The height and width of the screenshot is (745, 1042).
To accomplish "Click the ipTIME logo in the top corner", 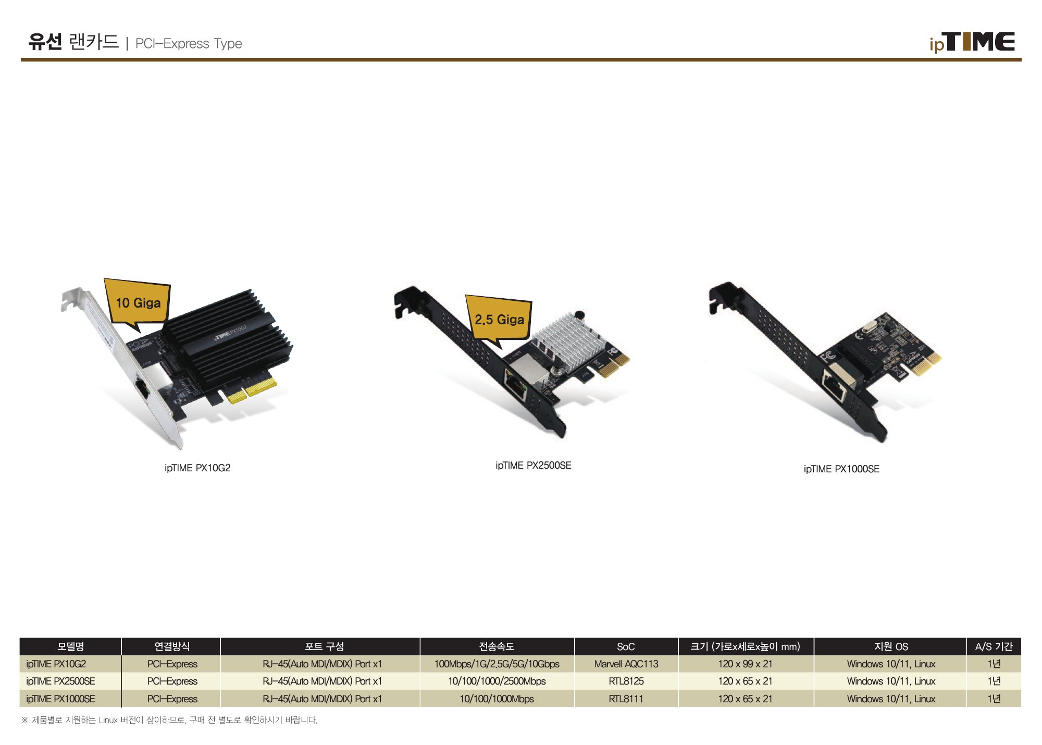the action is click(972, 42).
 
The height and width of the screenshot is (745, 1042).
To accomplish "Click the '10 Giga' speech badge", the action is click(138, 303).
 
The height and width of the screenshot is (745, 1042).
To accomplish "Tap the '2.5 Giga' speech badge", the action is click(499, 319).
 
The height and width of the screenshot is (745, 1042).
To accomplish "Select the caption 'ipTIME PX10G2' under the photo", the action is click(197, 468).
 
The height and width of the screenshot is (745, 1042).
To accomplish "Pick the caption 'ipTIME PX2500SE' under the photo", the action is click(534, 466).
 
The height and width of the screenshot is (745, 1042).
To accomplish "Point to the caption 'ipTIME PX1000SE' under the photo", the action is click(841, 469).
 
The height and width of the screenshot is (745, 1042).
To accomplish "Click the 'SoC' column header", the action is click(626, 647).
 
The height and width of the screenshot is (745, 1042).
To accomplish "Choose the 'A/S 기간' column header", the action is click(994, 647).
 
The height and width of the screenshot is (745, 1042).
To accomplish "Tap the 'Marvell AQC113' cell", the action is click(626, 664).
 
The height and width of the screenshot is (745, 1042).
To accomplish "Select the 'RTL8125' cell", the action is click(626, 681).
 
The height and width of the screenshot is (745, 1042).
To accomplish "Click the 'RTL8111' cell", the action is click(626, 699).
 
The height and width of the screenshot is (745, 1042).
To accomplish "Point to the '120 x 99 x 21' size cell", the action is click(745, 664).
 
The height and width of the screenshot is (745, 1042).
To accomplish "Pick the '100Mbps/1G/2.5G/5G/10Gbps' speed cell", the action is click(497, 664).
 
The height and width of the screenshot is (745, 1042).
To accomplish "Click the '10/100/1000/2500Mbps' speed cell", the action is click(497, 681).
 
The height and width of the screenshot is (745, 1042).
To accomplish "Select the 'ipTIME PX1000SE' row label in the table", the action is click(60, 699).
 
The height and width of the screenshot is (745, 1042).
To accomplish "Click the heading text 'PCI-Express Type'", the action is click(189, 44).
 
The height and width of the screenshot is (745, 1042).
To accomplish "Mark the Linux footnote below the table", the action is click(169, 720).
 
